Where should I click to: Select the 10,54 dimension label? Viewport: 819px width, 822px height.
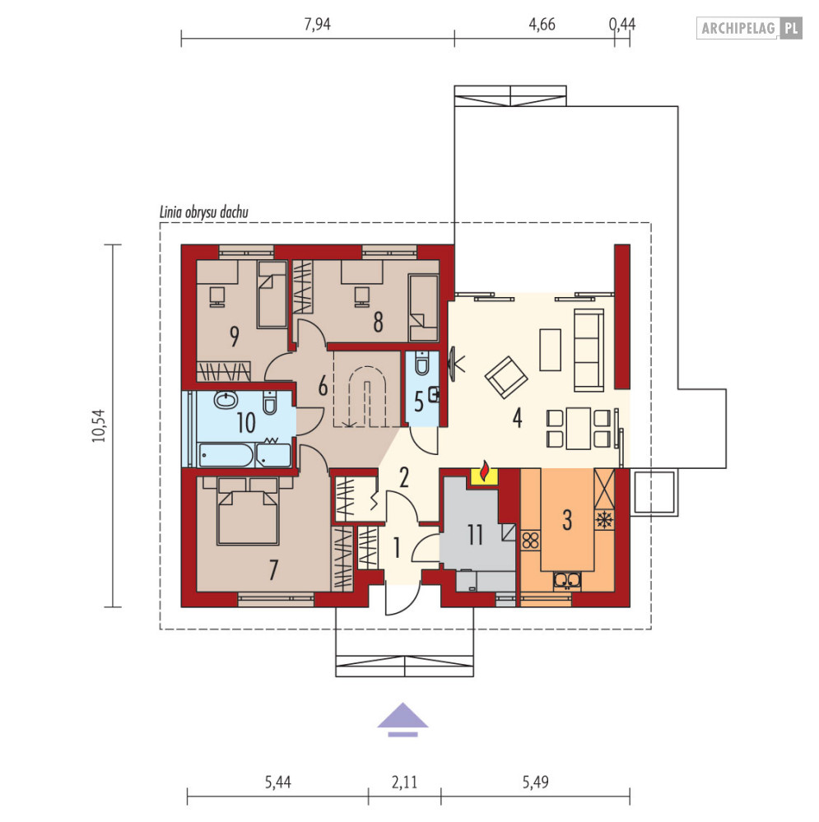pyautogui.click(x=99, y=425)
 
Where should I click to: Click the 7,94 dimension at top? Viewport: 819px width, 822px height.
pyautogui.click(x=317, y=24)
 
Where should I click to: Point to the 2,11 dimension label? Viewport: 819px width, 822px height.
pyautogui.click(x=404, y=783)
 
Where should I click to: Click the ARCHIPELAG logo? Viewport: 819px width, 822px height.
pyautogui.click(x=749, y=28)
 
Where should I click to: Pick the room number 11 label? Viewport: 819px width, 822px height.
pyautogui.click(x=475, y=535)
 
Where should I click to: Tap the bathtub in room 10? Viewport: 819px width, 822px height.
pyautogui.click(x=226, y=454)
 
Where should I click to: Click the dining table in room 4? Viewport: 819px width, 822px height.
pyautogui.click(x=579, y=429)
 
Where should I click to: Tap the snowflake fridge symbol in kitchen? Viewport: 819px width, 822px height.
pyautogui.click(x=604, y=520)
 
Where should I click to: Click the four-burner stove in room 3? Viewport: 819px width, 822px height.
pyautogui.click(x=531, y=540)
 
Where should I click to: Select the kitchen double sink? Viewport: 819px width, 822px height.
pyautogui.click(x=567, y=580)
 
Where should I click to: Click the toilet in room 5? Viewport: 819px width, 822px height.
pyautogui.click(x=421, y=364)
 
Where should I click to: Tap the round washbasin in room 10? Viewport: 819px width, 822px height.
pyautogui.click(x=226, y=400)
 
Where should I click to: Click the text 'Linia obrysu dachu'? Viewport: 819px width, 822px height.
pyautogui.click(x=203, y=212)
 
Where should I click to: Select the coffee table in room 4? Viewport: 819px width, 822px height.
pyautogui.click(x=550, y=350)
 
